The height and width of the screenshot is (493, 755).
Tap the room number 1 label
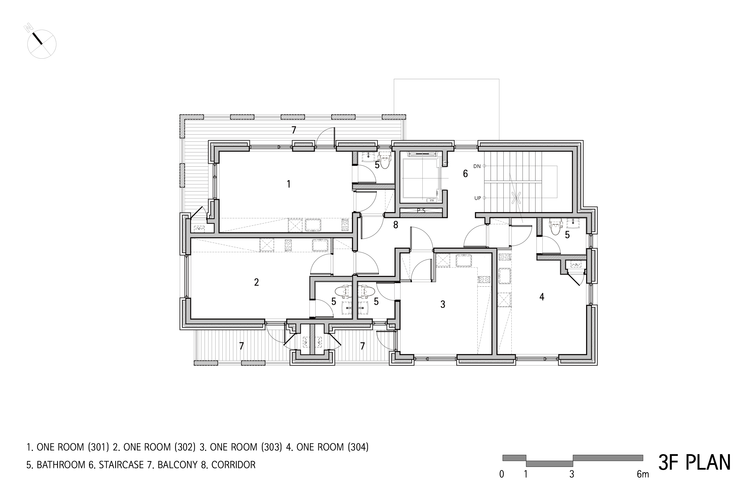[x=288, y=184]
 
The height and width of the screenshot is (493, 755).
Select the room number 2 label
[x=256, y=282]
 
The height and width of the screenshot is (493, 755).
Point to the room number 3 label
[x=443, y=304]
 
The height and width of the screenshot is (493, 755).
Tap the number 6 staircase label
[x=465, y=174]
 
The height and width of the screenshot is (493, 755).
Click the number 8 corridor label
[x=396, y=225]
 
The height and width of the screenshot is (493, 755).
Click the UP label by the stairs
[x=478, y=198]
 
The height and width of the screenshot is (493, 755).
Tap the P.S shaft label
[x=421, y=210]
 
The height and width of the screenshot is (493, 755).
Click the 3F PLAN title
[x=694, y=463]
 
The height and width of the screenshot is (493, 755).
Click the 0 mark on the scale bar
[x=501, y=474]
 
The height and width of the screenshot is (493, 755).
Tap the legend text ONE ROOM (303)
[x=246, y=447]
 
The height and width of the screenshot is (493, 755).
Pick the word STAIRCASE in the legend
[x=121, y=465]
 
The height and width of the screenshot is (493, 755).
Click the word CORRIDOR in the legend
[x=233, y=465]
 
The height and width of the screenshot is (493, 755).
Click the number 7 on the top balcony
[x=294, y=130]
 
